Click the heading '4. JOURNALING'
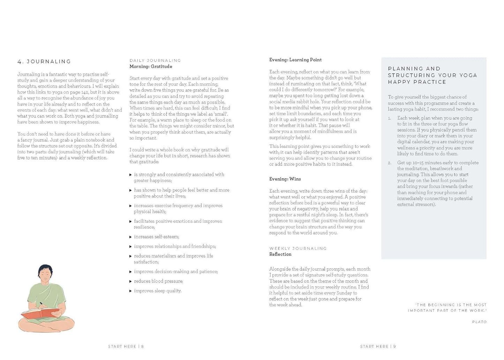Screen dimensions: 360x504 coord(44,62)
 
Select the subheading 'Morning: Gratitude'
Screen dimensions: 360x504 coord(151,67)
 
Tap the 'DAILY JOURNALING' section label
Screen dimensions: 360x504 coord(155,60)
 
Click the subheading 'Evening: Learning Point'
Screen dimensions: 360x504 coord(295,60)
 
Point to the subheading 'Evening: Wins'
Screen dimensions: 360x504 coord(285,179)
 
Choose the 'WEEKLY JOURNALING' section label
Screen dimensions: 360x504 coord(298,248)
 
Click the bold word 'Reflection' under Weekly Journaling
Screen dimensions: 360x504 coord(280,254)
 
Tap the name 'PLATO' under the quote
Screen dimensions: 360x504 coord(479,322)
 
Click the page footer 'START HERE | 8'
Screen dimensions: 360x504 coord(126,346)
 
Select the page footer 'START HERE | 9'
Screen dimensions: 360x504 coord(378,346)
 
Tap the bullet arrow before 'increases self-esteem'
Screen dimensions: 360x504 coord(131,237)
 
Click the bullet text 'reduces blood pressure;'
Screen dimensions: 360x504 coord(158,281)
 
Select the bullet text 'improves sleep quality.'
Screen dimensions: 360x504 coord(158,291)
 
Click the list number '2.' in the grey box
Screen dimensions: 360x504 coord(390,163)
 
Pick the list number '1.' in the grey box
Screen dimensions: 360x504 coord(390,118)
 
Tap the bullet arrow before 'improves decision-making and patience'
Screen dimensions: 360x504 coord(131,272)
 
